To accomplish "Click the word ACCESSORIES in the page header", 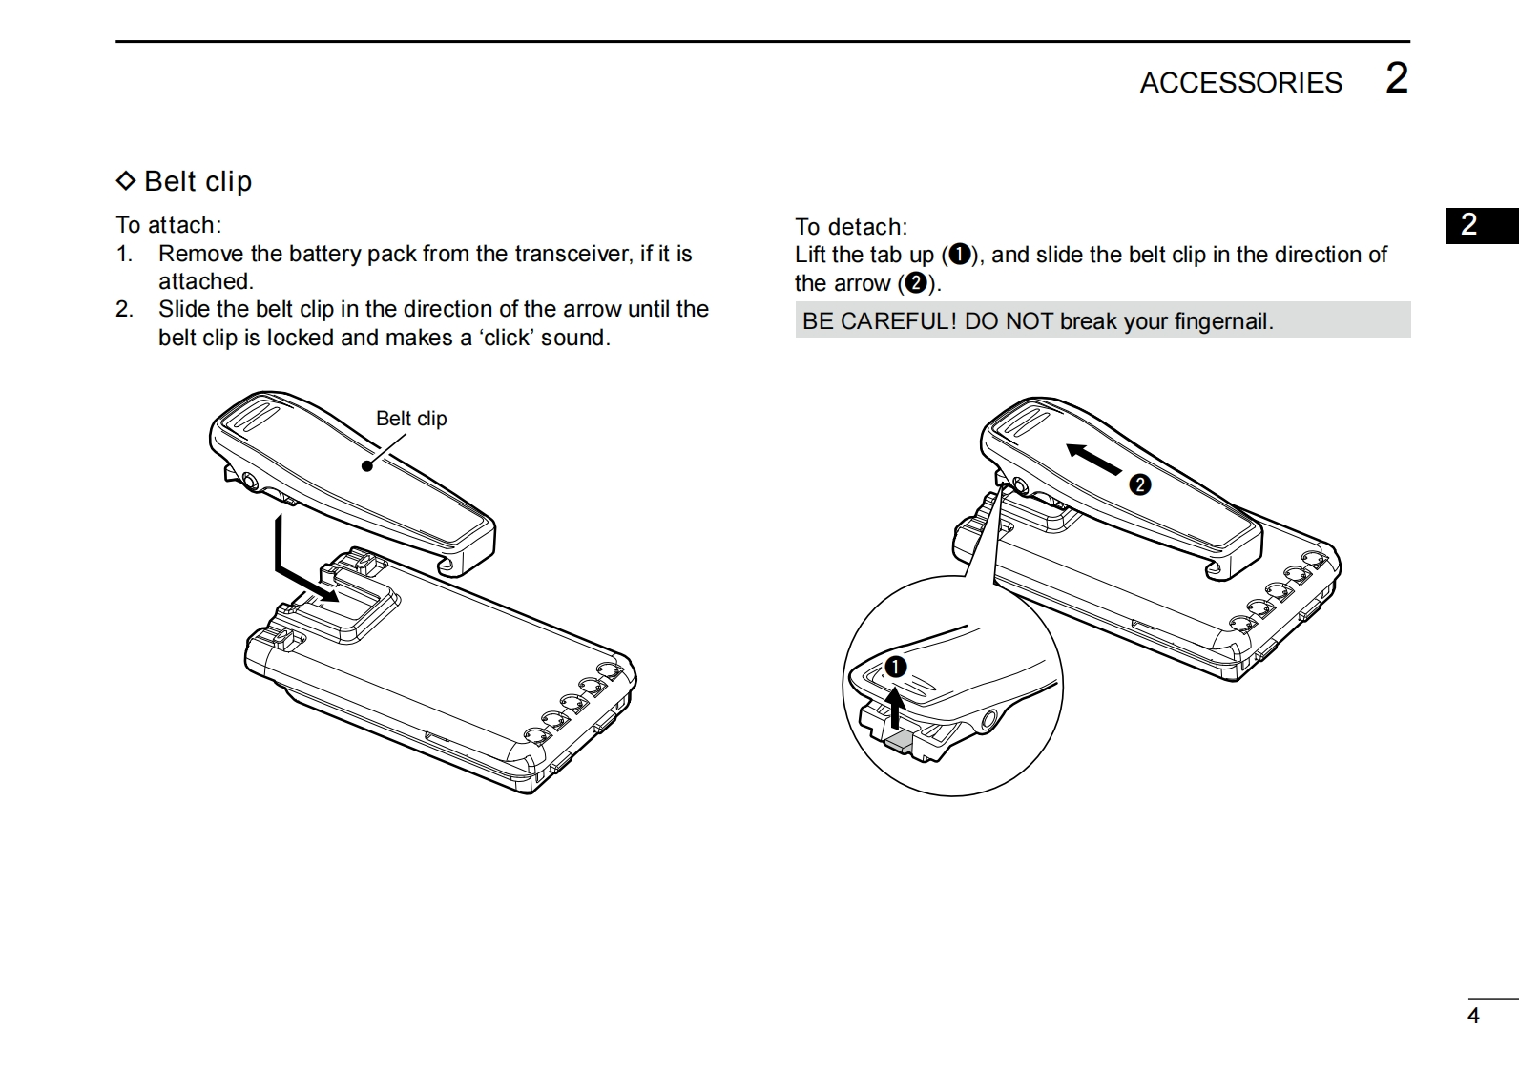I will pyautogui.click(x=1240, y=83).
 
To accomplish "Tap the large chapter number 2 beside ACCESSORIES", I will pyautogui.click(x=1396, y=78).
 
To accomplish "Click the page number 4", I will pyautogui.click(x=1473, y=1016).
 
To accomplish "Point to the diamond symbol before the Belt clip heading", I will pyautogui.click(x=126, y=180).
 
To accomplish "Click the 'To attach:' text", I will pyautogui.click(x=168, y=225).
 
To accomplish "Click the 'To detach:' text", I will pyautogui.click(x=851, y=227).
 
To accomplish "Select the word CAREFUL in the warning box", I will pyautogui.click(x=898, y=321).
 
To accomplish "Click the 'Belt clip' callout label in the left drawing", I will pyautogui.click(x=411, y=419).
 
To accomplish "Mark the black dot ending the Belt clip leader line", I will pyautogui.click(x=367, y=466).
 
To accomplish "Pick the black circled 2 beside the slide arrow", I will pyautogui.click(x=1139, y=484).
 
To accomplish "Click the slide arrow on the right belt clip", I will pyautogui.click(x=1093, y=459).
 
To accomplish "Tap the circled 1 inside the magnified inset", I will pyautogui.click(x=895, y=668).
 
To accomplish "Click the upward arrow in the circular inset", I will pyautogui.click(x=895, y=708).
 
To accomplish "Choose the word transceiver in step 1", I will pyautogui.click(x=572, y=254).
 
